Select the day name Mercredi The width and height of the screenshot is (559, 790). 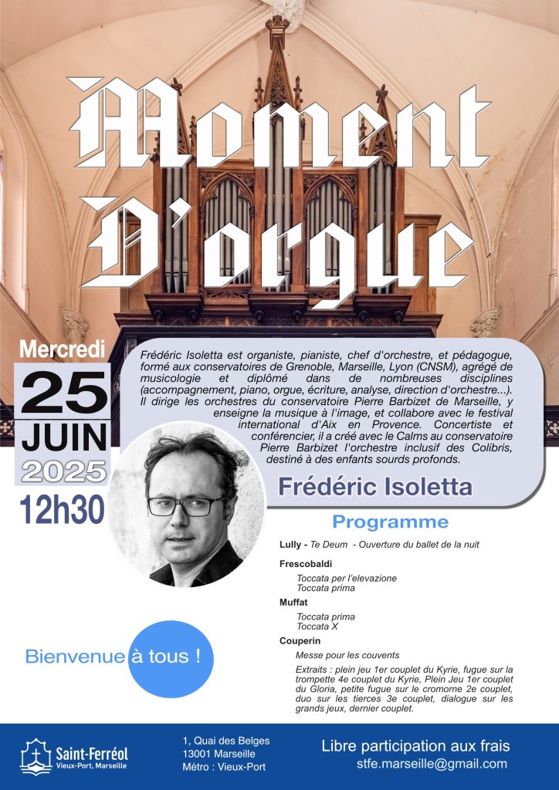62,349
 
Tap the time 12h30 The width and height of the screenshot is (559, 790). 62,509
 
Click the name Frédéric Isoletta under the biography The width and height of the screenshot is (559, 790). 374,487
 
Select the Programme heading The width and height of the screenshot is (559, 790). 390,522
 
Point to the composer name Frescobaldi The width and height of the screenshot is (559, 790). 304,564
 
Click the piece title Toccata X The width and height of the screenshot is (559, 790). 317,626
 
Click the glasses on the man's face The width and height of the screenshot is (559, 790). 185,506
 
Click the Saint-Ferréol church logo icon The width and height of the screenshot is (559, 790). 36,757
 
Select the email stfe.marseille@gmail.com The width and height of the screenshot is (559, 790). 432,764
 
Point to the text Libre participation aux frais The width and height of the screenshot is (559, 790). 415,746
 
